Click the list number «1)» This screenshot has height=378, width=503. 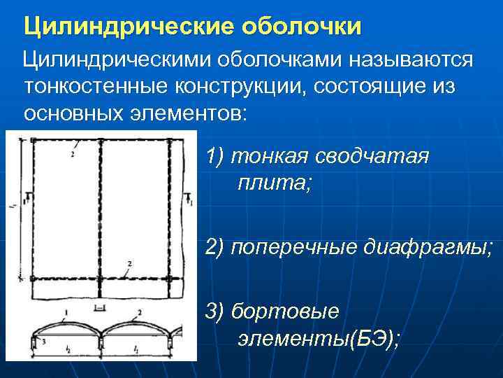(x=215, y=156)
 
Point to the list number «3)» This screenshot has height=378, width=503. (x=215, y=311)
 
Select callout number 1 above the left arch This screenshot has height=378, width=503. (x=65, y=311)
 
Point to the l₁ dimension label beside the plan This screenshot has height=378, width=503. (x=15, y=205)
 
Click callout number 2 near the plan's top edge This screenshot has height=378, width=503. (x=73, y=154)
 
